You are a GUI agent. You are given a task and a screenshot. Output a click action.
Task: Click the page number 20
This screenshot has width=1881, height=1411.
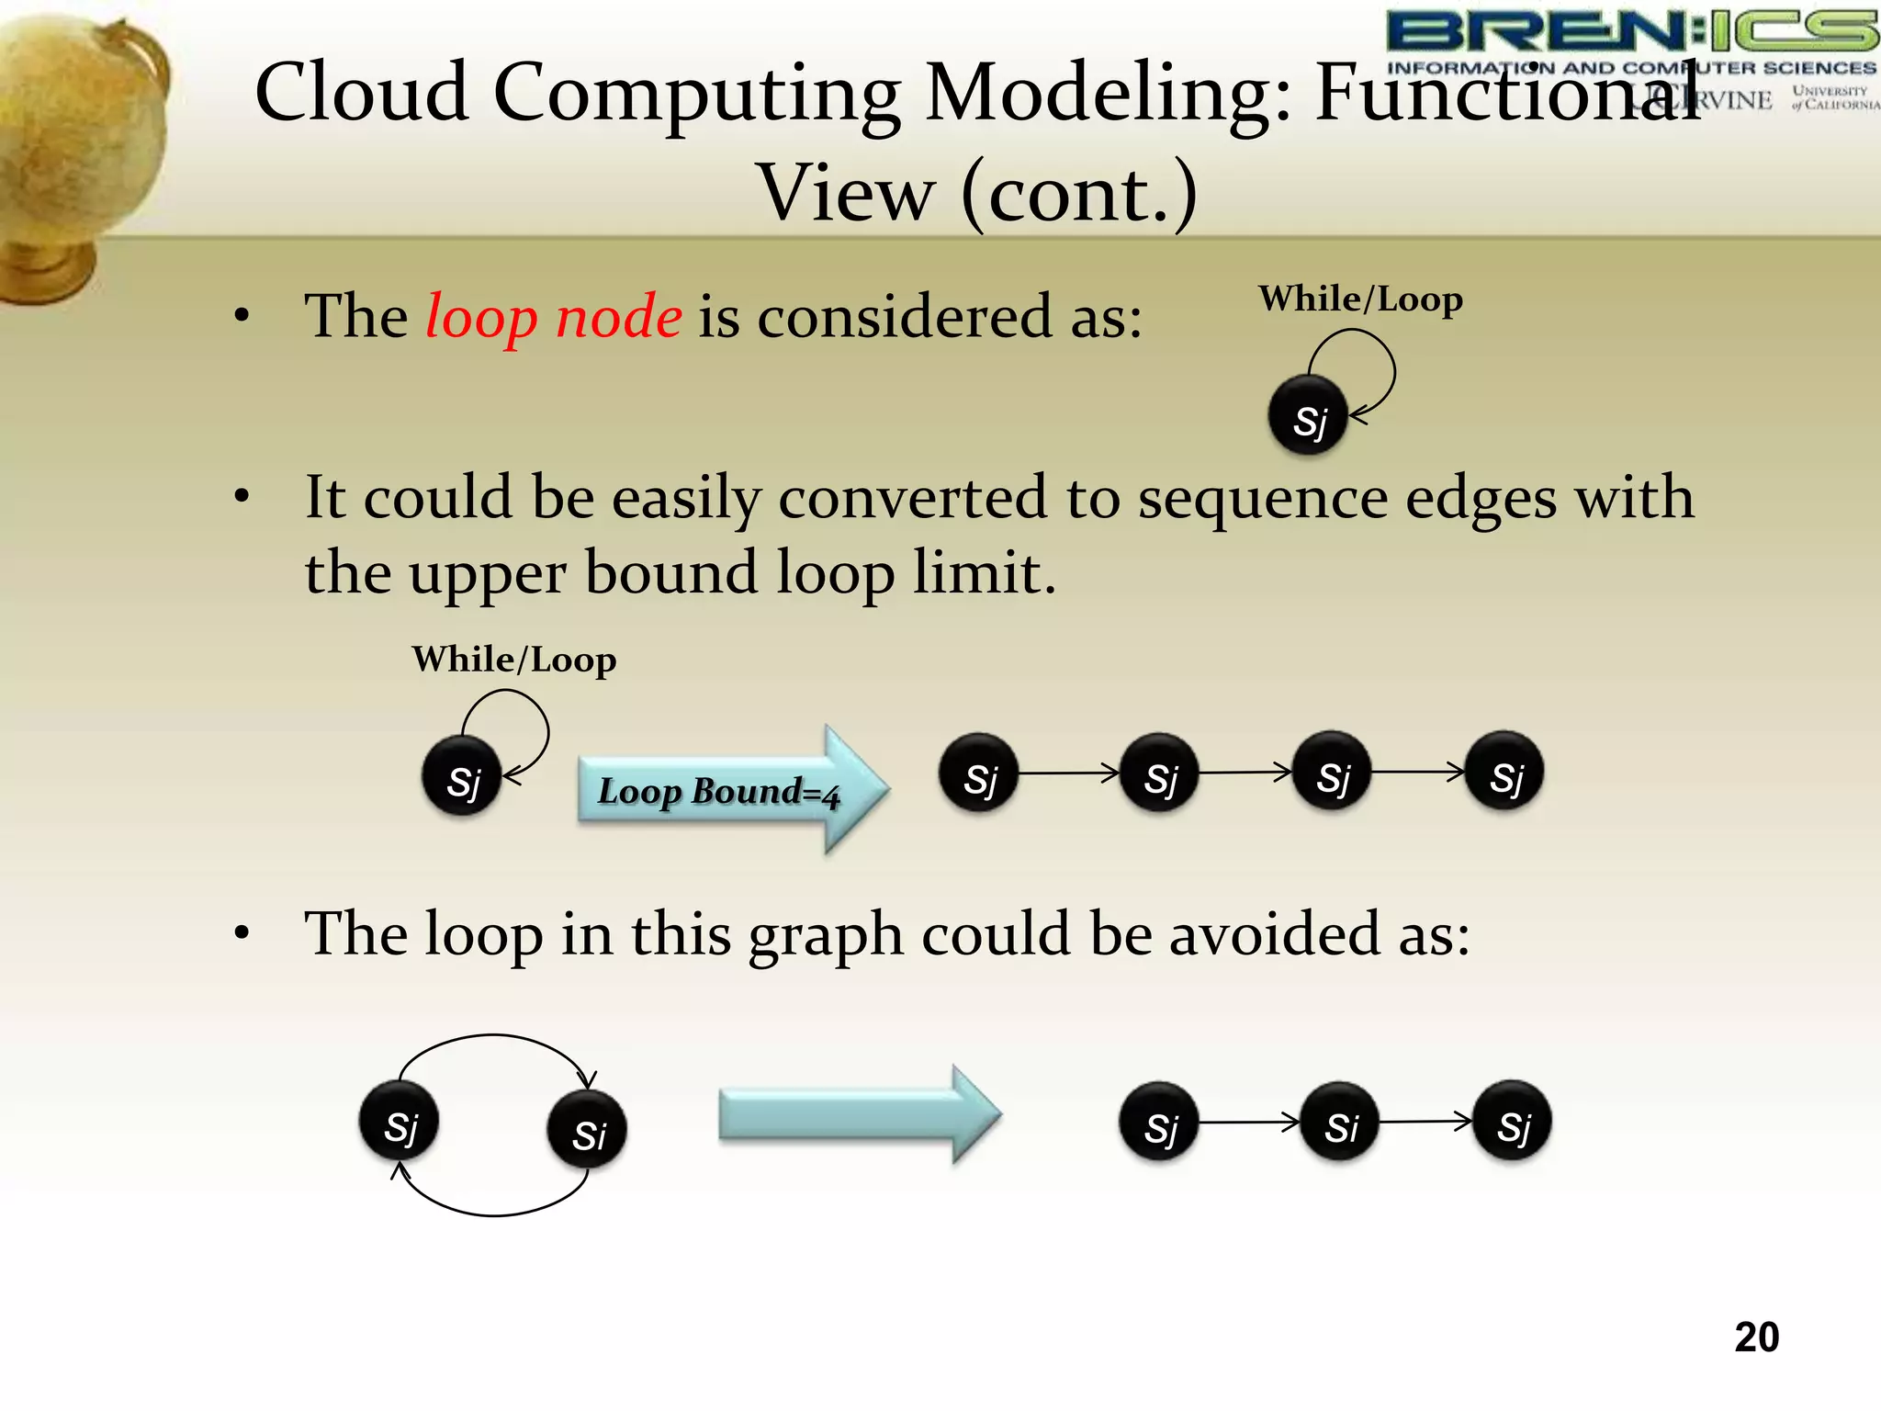(x=1756, y=1337)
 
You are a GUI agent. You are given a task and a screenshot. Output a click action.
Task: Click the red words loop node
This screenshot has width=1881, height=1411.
(x=554, y=317)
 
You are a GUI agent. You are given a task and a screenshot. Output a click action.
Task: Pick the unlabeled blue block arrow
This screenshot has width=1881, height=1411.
(x=859, y=1114)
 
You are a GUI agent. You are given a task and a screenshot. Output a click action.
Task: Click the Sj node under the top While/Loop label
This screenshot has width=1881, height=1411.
(x=1308, y=416)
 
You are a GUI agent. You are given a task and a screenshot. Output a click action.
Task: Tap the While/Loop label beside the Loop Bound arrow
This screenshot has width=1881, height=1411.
(x=513, y=660)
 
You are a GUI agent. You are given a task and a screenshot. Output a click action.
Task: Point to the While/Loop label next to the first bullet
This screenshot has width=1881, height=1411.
(x=1360, y=299)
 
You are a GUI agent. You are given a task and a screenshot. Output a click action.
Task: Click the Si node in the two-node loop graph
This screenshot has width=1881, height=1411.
(x=587, y=1130)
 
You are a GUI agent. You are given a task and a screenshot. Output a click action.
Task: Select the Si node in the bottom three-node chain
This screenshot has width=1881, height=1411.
(x=1340, y=1123)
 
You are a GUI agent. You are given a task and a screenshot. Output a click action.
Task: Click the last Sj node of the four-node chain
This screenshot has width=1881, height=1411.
(x=1504, y=773)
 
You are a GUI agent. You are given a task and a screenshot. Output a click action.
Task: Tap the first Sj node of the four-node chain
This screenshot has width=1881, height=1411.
(x=979, y=773)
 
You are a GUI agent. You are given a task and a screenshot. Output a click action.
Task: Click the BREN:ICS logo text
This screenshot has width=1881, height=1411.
(x=1631, y=32)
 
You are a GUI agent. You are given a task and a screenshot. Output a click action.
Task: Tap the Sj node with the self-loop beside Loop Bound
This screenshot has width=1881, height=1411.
(x=462, y=777)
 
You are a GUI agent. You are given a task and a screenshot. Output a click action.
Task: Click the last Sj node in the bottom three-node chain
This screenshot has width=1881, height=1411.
(x=1512, y=1123)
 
